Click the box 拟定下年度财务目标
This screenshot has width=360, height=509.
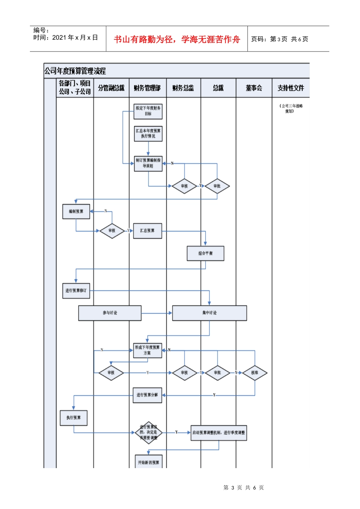(x=148, y=111)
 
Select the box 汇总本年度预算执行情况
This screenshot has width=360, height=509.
(x=148, y=134)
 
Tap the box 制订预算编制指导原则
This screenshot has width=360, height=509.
(x=148, y=163)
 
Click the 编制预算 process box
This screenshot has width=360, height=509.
(x=76, y=211)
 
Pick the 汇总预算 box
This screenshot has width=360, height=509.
(x=147, y=231)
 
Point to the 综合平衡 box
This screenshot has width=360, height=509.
(x=205, y=253)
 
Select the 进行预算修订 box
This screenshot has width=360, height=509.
(x=76, y=290)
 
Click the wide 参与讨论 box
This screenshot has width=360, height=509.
(x=110, y=313)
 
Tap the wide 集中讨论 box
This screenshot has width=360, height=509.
(x=210, y=313)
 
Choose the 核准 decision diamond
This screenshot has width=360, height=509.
(x=255, y=373)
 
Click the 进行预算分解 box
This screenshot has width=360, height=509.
(x=147, y=395)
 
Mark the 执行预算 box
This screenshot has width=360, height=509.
(x=74, y=418)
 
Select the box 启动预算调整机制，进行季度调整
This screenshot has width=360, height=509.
(x=219, y=432)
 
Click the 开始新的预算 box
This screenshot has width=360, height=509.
(x=149, y=462)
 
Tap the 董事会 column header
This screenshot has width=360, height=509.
(x=254, y=88)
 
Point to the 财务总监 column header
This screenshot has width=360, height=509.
(x=183, y=88)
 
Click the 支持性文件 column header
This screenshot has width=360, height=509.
(x=291, y=88)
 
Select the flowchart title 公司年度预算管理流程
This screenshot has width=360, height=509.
(x=75, y=71)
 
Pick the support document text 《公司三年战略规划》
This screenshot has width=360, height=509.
(x=291, y=109)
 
